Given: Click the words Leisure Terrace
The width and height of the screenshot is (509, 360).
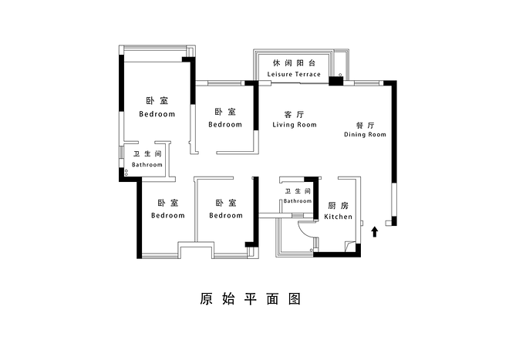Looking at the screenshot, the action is point(293,74).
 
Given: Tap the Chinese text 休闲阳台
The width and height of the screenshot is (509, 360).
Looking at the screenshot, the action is point(294,62).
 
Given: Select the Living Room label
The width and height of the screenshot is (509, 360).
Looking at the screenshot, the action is point(295,124).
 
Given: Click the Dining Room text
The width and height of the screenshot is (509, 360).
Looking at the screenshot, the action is point(365,134).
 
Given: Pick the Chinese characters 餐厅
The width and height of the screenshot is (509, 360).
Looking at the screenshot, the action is point(365,123).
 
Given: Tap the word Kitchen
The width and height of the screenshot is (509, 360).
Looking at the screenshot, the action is point(338,217).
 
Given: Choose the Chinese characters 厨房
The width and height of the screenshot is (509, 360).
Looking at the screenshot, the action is point(338,205).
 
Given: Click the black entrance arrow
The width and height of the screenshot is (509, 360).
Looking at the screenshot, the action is point(375,231).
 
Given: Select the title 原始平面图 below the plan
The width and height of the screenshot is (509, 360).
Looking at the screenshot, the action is point(248,298).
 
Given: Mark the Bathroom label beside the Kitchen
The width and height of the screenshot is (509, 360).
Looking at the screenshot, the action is point(298,201).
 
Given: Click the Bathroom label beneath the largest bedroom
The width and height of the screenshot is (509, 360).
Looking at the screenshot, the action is point(147,164).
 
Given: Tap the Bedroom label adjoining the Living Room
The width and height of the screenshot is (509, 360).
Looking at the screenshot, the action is point(225,124).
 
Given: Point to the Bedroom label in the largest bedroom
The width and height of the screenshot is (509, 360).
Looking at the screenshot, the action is point(157,113).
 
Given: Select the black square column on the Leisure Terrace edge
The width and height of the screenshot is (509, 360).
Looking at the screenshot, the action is point(335,80).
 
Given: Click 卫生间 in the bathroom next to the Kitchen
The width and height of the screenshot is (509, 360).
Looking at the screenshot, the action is point(298,191).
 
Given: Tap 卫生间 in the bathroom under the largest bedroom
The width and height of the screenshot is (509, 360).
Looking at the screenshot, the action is point(147,154).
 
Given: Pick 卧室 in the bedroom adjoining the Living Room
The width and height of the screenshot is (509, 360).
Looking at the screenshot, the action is point(225,113).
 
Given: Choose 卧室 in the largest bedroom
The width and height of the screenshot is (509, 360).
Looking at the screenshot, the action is point(157,101).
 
